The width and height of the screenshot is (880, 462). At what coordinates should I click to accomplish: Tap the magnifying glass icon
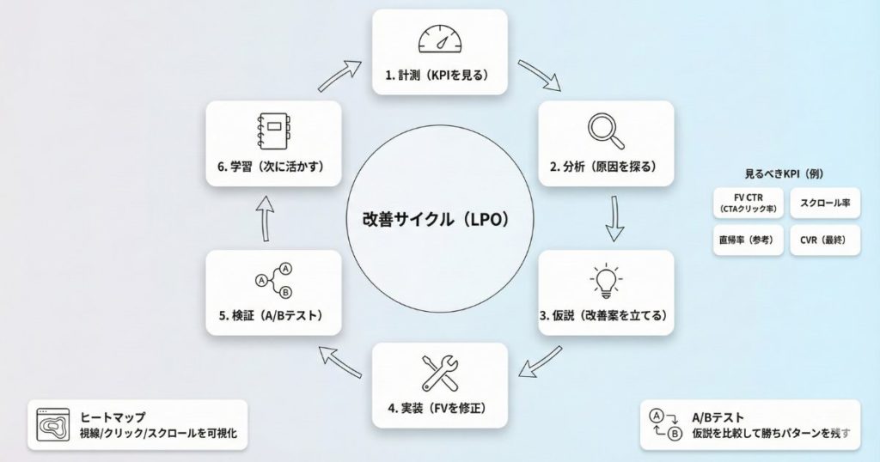(x=606, y=130)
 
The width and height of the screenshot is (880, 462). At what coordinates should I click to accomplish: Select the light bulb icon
(x=606, y=280)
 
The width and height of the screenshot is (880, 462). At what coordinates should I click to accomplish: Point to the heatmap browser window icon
(x=52, y=424)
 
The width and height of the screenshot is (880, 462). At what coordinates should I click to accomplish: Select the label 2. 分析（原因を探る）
(x=605, y=167)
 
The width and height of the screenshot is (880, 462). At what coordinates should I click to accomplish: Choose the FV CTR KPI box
(x=748, y=204)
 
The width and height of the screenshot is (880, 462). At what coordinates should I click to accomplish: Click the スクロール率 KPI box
(x=824, y=204)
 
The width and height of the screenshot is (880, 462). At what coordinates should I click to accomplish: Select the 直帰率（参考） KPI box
(x=748, y=240)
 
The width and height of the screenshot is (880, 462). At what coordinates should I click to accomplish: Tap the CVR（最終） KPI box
(x=824, y=240)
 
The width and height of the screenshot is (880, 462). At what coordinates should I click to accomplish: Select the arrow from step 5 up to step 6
(x=266, y=215)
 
